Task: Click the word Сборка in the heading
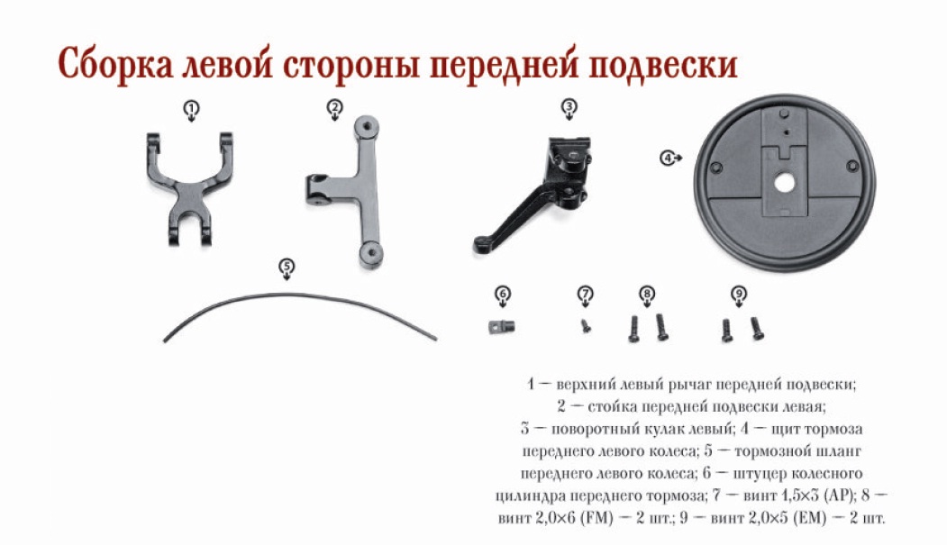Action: tap(114, 64)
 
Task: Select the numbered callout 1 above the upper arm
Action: tap(191, 111)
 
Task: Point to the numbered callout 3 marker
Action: tap(569, 109)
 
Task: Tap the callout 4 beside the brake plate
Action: tap(670, 159)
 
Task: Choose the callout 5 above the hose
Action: tap(287, 268)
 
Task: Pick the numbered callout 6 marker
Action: tap(503, 295)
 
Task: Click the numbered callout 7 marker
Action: tap(586, 295)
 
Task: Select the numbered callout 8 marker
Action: tap(647, 295)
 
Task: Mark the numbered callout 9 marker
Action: tap(739, 295)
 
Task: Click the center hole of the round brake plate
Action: tap(784, 182)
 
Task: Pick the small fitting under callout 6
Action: tap(501, 327)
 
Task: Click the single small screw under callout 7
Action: tap(586, 326)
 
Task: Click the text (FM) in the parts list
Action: tap(596, 518)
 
